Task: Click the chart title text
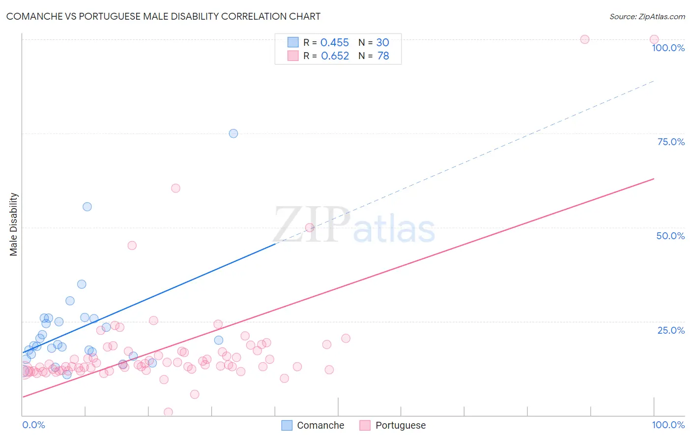coord(163,16)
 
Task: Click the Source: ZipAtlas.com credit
coord(647,16)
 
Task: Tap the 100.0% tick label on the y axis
coord(668,48)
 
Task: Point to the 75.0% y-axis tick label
coord(671,142)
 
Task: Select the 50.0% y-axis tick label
coord(670,236)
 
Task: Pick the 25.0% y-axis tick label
coord(671,330)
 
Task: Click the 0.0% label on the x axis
coord(33,425)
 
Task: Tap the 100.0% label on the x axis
coord(668,425)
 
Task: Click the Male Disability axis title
coord(14,224)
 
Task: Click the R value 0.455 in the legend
coord(334,43)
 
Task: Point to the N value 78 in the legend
coord(383,56)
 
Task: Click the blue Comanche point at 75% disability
coord(233,133)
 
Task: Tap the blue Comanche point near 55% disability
coord(87,207)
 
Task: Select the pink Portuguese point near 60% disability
coord(175,188)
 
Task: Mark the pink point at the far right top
coord(654,39)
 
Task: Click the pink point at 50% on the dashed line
coord(310,227)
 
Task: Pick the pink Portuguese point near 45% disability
coord(132,245)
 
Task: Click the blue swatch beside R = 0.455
coord(293,42)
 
